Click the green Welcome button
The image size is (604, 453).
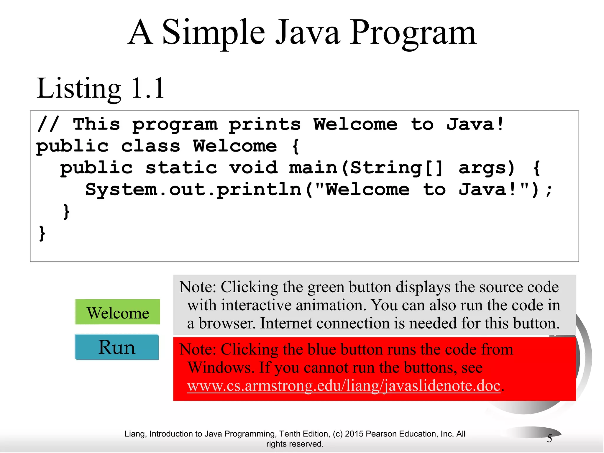(x=117, y=312)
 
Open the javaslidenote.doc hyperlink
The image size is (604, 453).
(x=344, y=386)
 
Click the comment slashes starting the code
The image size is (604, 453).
(x=48, y=124)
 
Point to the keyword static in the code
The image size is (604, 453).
(x=181, y=168)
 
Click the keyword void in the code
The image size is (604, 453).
(x=253, y=168)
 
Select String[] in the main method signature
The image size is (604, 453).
(x=397, y=168)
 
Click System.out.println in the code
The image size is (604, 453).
(x=193, y=190)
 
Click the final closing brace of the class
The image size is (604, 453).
(x=42, y=233)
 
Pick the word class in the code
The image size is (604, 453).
(x=150, y=146)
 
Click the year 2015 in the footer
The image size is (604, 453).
(x=353, y=434)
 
